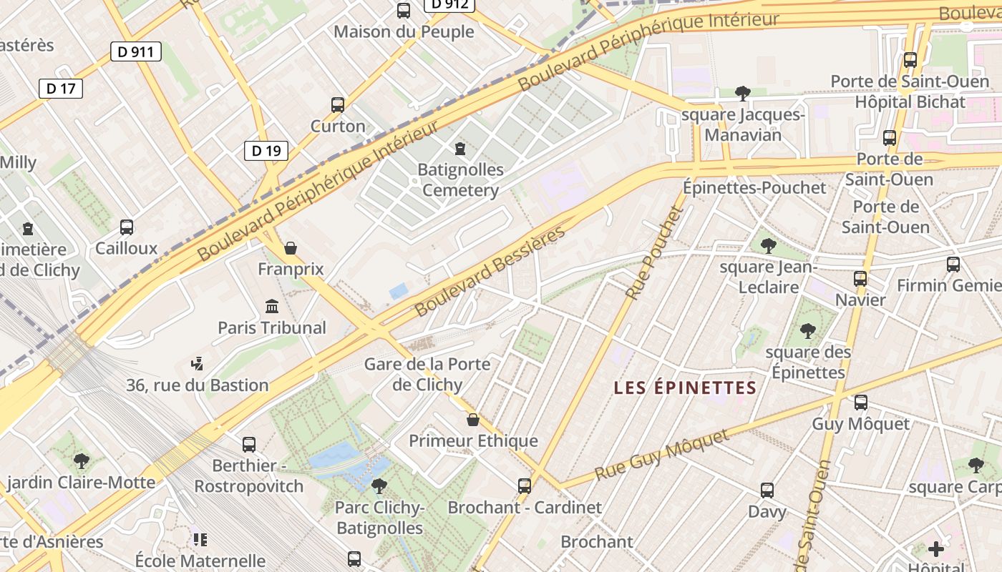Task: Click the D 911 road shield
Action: tap(136, 51)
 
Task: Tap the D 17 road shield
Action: tap(60, 89)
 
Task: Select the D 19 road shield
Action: tap(266, 150)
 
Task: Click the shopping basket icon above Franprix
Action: tap(291, 248)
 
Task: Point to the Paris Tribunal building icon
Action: tap(272, 307)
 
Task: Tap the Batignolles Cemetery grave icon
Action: tap(460, 149)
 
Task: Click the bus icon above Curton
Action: tap(338, 105)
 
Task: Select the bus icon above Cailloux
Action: tap(127, 227)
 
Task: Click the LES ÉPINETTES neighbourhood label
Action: tap(685, 388)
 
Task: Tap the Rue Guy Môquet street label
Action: tap(662, 455)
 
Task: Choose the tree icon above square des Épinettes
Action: tap(808, 331)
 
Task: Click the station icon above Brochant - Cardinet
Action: tap(525, 486)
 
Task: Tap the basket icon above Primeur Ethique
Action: tap(472, 419)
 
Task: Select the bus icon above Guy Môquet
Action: tap(860, 403)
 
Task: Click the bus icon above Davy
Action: tap(767, 490)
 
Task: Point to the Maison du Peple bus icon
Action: tap(404, 11)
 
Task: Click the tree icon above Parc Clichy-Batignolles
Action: tap(379, 486)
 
